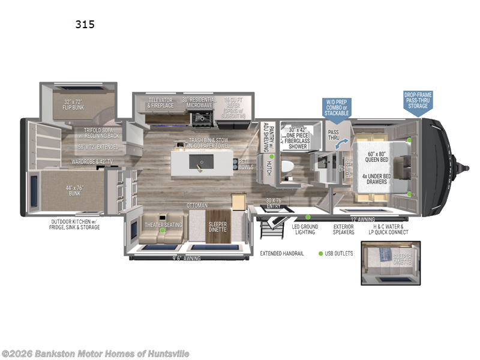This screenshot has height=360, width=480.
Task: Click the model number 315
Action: coord(85,25)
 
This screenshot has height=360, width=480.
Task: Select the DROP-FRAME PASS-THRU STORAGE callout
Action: coord(418,100)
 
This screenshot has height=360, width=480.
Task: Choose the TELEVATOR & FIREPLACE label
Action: coord(161,103)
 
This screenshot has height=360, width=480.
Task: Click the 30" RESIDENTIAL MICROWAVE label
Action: coord(197,103)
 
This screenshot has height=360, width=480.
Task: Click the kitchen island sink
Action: coord(201,161)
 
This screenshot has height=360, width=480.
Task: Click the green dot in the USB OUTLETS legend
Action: coord(321,253)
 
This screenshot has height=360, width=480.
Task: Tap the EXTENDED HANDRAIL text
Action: coord(281,253)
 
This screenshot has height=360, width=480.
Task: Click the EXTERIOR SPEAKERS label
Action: coord(344,229)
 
